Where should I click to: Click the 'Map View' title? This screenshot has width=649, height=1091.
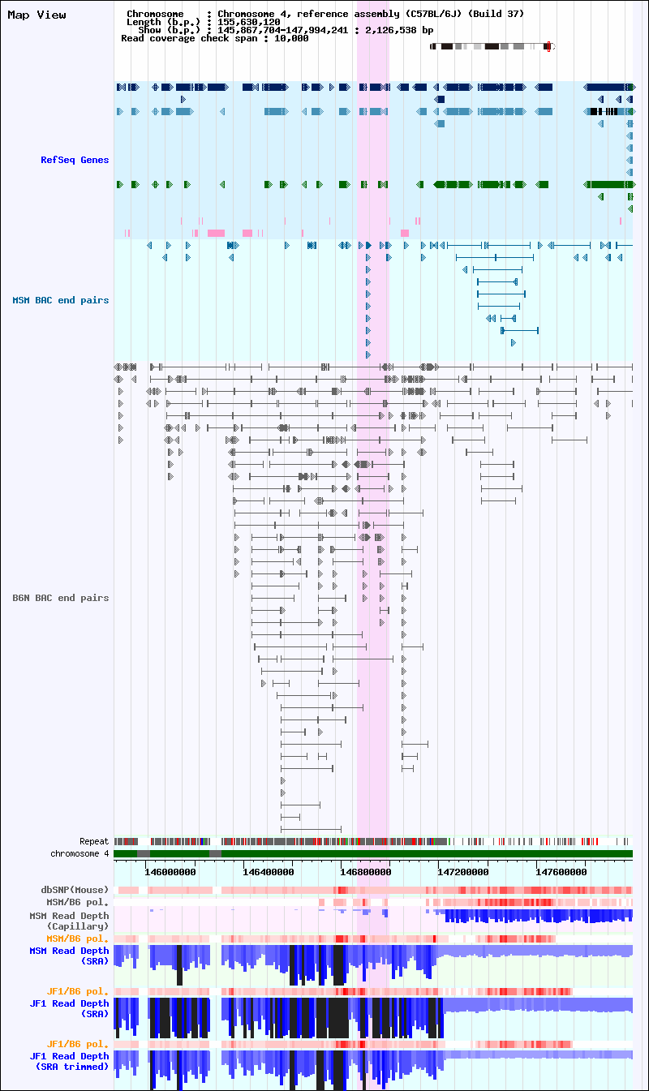coord(37,15)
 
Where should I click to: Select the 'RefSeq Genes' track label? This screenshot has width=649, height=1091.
coord(75,160)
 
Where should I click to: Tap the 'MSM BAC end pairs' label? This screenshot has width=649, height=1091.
coord(60,300)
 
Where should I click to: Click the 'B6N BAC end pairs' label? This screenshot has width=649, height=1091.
coord(60,598)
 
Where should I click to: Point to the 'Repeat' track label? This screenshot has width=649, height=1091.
coord(94,841)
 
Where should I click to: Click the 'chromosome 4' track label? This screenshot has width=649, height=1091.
coord(80,853)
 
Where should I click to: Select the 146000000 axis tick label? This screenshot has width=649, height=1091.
coord(170,872)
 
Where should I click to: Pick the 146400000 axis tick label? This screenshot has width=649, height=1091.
coord(268,872)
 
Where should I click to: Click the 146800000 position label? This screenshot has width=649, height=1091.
coord(365,872)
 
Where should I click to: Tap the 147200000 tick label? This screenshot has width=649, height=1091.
coord(463,872)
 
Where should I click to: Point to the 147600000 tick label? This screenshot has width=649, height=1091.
coord(561,872)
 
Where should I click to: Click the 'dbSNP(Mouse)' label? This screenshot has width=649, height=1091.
coord(75,890)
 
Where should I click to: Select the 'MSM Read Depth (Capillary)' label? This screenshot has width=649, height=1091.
coord(69,921)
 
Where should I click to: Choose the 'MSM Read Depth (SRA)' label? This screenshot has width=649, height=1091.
coord(69,956)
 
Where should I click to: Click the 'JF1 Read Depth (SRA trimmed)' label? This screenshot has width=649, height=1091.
coord(69,1061)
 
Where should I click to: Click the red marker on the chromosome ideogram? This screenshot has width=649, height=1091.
coord(548,47)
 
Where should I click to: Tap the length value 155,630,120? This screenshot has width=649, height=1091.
coord(248,22)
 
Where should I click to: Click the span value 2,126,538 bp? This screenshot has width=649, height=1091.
coord(399,30)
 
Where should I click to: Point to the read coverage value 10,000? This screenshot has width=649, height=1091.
coord(291,38)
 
